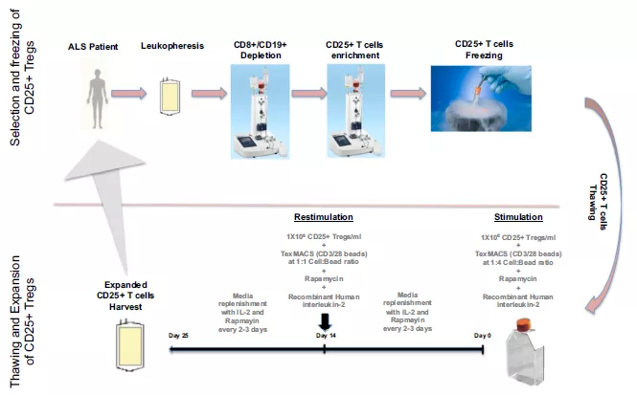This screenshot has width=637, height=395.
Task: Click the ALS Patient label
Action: (x=94, y=46)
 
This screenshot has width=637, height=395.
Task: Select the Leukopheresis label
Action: (x=169, y=46)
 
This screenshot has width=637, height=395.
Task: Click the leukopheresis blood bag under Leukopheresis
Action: (x=168, y=99)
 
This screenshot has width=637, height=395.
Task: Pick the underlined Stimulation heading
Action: (x=518, y=216)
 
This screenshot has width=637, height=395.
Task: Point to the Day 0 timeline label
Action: (x=483, y=337)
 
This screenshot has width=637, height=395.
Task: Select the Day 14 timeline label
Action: (x=326, y=337)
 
